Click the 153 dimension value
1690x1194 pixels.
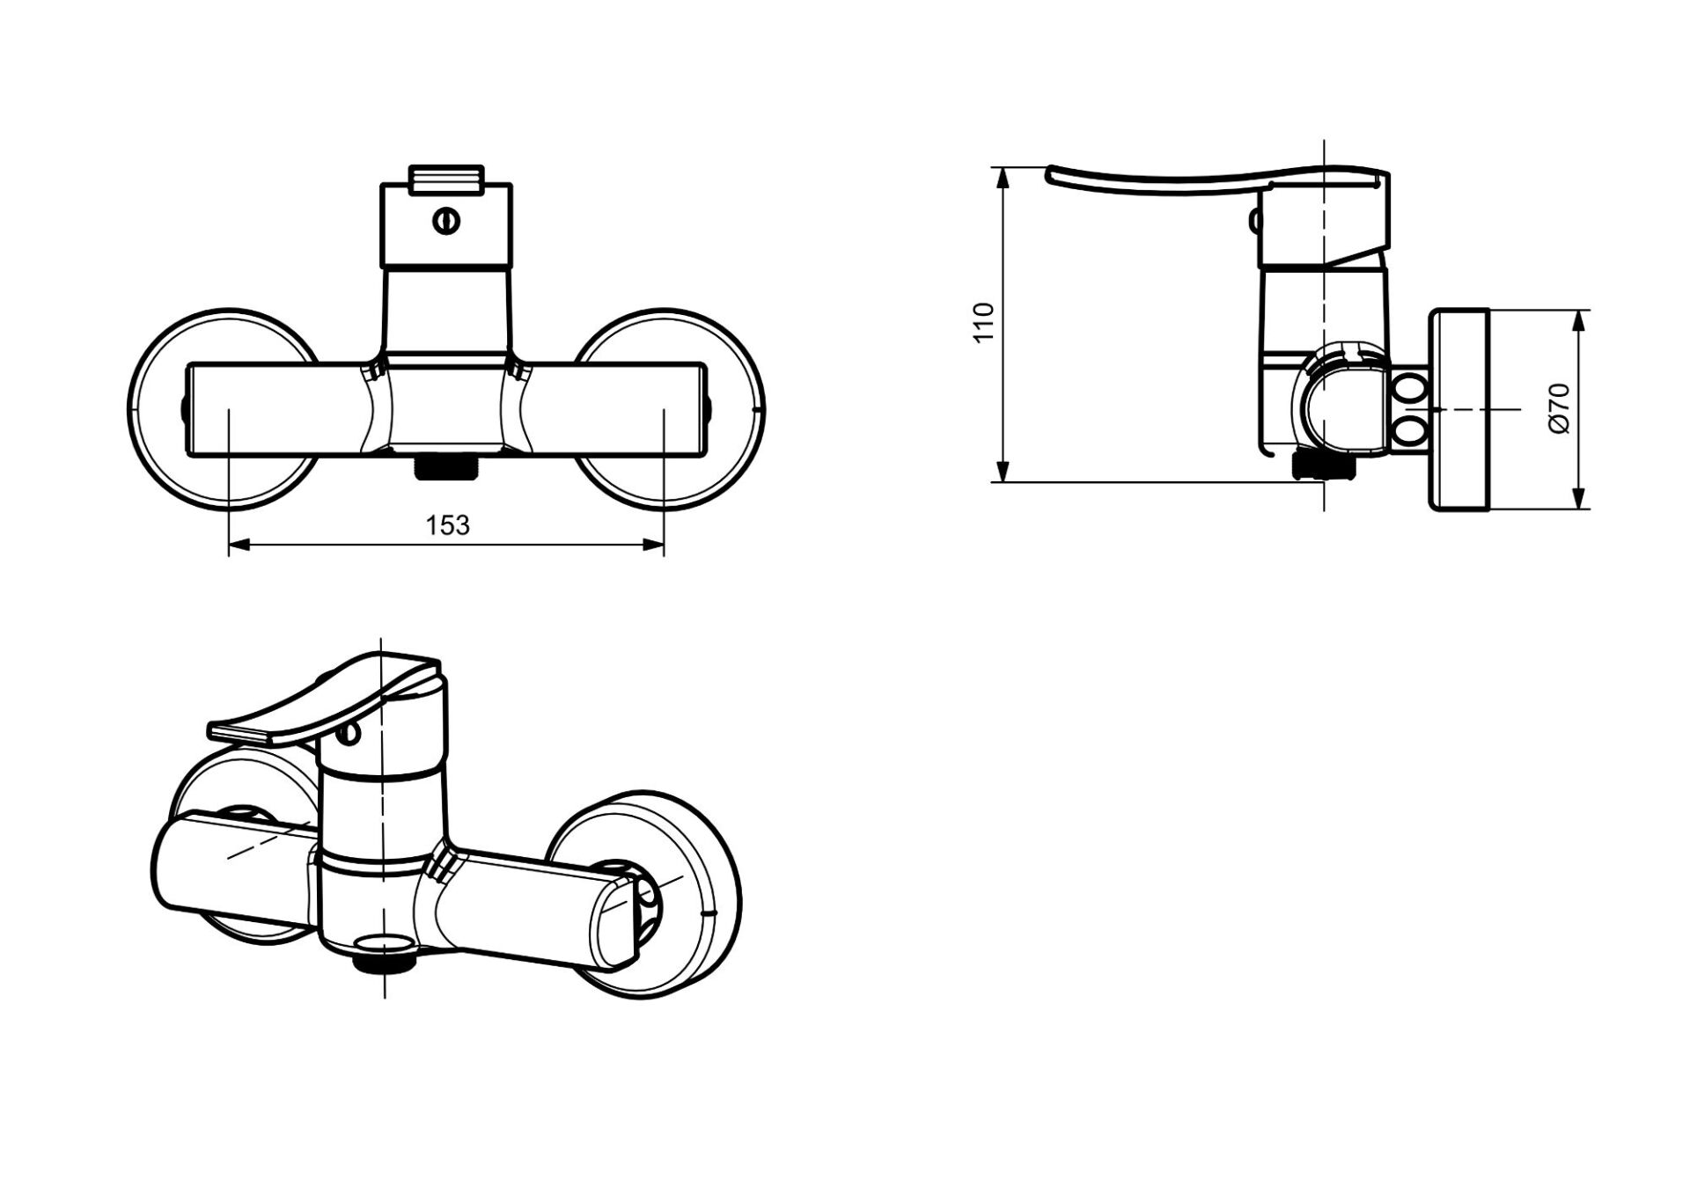pos(448,525)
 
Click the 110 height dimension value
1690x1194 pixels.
pos(984,322)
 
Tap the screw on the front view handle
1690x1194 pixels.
pos(446,222)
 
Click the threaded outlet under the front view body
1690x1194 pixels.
pos(446,466)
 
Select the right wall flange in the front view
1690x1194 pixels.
pos(731,408)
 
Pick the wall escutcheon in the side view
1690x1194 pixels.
pos(1459,408)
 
